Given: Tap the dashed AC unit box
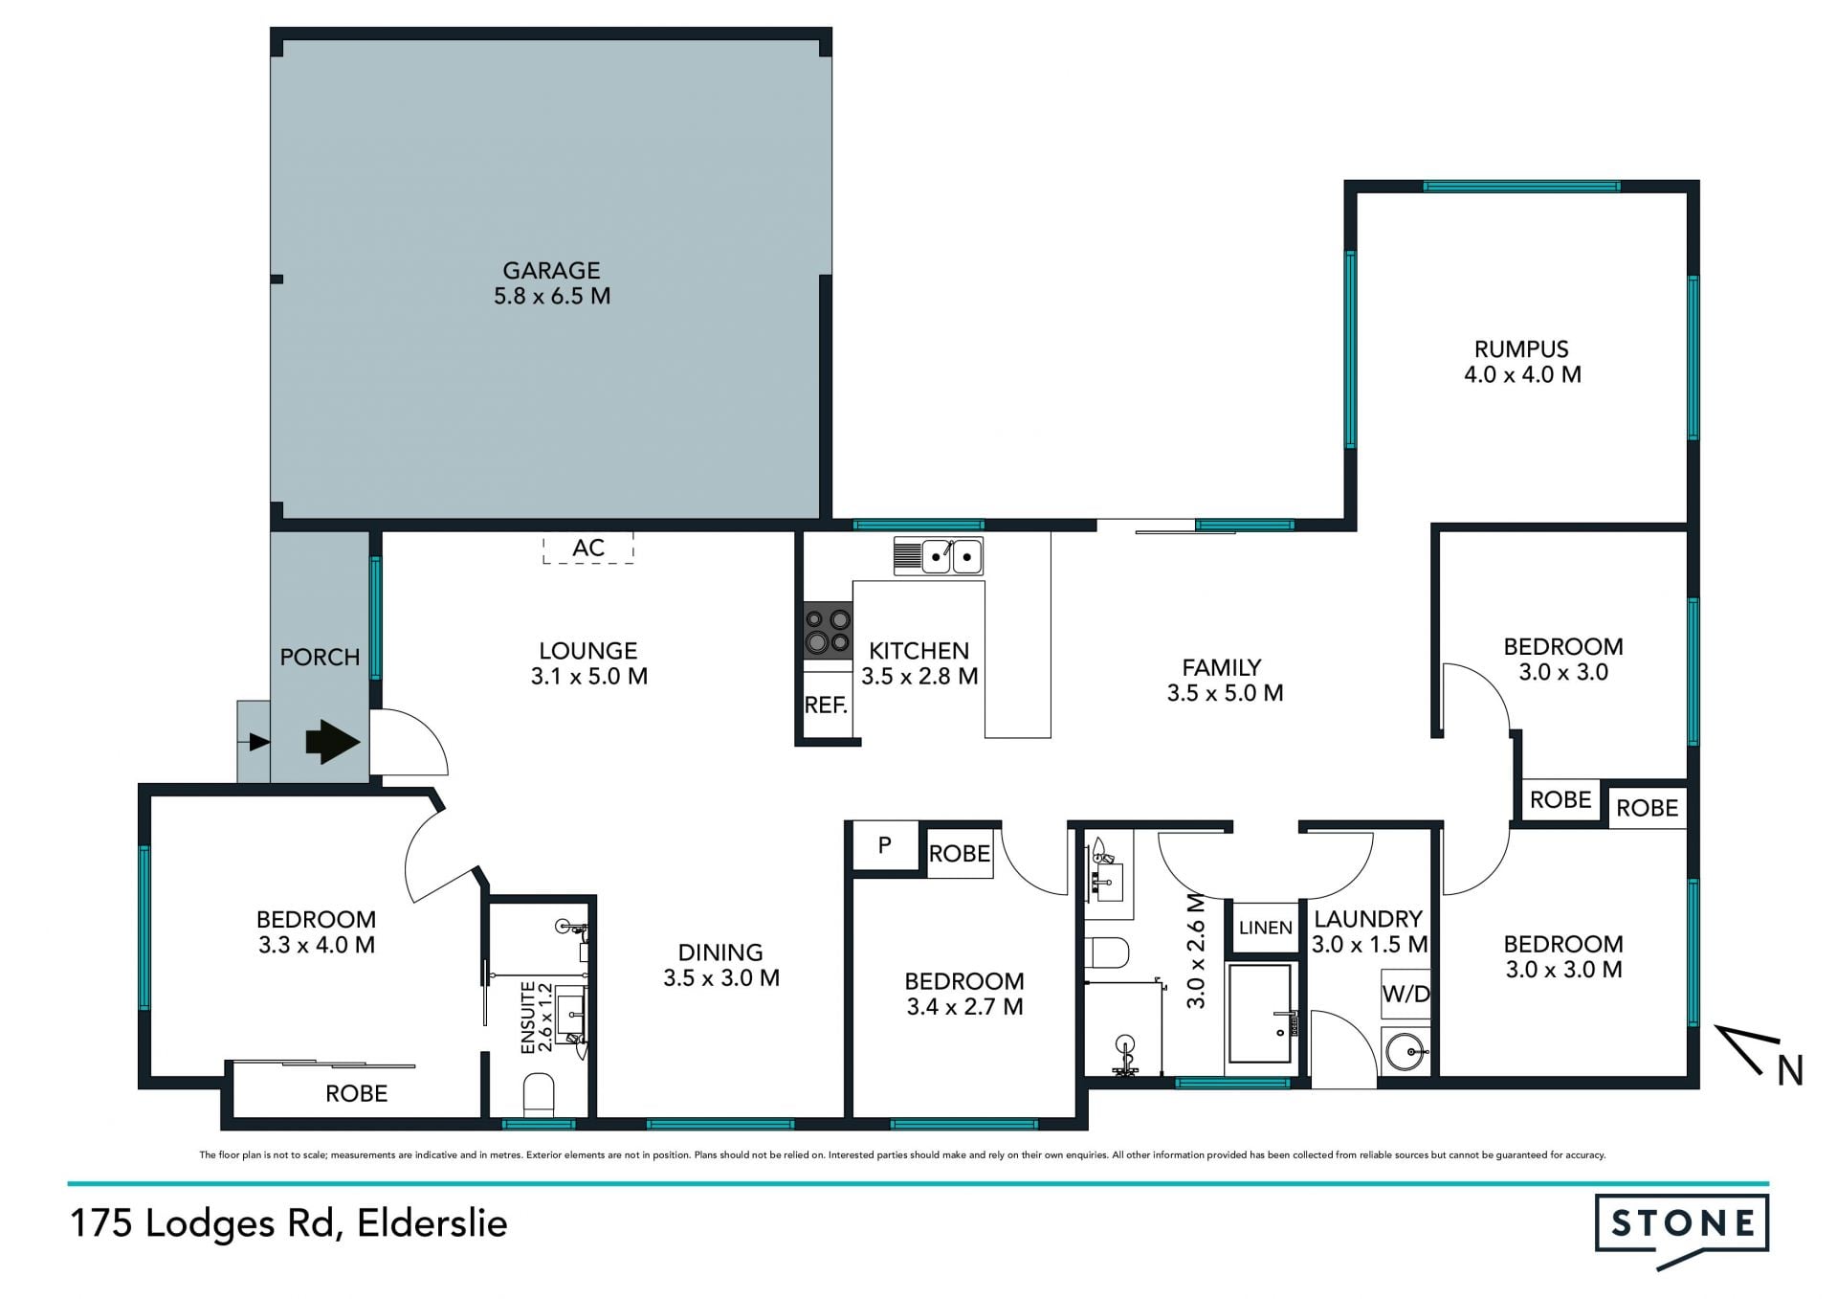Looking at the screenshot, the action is tap(588, 548).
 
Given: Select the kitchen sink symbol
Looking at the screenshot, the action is tap(939, 556).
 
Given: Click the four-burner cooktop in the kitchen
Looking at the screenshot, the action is tap(828, 630).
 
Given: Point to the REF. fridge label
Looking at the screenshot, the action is tap(826, 705).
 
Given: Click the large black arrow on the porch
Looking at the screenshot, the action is tap(332, 742).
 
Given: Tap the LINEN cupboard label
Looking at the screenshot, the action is tap(1265, 928).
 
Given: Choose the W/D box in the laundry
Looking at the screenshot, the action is tap(1405, 994).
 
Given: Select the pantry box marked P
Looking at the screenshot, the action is tap(885, 845).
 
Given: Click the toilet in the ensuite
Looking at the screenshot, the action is tap(539, 1095).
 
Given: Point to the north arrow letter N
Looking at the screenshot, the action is tap(1790, 1070).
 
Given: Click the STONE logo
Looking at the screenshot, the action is tap(1681, 1228).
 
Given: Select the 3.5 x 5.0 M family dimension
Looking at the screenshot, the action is tap(1225, 693).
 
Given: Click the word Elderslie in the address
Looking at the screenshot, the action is tap(432, 1223).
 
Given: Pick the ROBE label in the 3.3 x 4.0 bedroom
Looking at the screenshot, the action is tap(356, 1093).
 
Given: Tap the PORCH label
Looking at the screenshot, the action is tap(320, 658).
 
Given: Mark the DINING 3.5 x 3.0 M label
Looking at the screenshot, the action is tap(721, 965).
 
